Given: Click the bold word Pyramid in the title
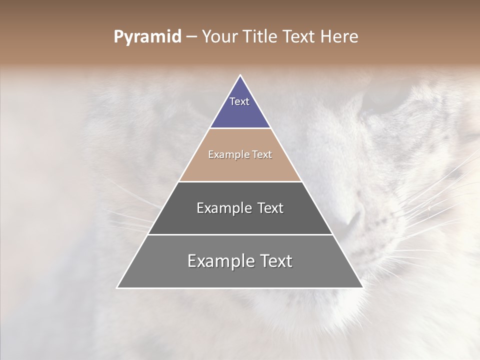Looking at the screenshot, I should pyautogui.click(x=147, y=37).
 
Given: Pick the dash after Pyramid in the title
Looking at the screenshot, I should pyautogui.click(x=191, y=37).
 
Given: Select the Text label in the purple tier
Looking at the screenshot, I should pyautogui.click(x=239, y=101).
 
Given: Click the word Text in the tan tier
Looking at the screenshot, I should pyautogui.click(x=262, y=155).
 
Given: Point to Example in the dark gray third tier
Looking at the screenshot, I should pyautogui.click(x=223, y=208).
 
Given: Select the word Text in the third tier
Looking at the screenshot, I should pyautogui.click(x=269, y=208).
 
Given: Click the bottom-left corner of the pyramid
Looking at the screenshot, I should pyautogui.click(x=117, y=287).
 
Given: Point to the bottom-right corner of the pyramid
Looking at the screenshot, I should pyautogui.click(x=362, y=287).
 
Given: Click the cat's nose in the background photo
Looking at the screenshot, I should pyautogui.click(x=352, y=217).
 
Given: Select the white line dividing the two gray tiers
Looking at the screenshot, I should pyautogui.click(x=240, y=234).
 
